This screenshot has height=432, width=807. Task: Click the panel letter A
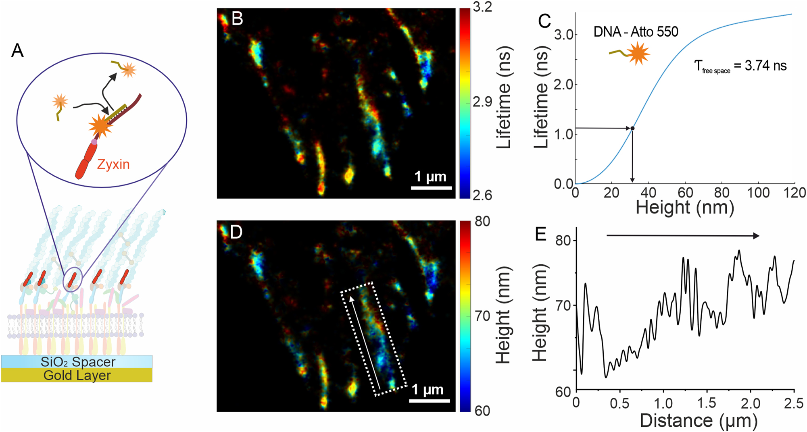[17, 51]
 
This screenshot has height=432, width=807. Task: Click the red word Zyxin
[113, 164]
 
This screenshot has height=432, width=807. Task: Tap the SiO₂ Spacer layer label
[78, 362]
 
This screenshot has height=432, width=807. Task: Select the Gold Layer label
[77, 376]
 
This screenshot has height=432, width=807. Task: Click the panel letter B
[237, 19]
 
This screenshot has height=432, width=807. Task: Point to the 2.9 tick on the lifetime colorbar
[482, 102]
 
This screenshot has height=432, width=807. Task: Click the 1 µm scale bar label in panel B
[430, 177]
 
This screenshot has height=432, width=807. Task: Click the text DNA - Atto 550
[636, 32]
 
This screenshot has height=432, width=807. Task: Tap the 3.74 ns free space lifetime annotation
[740, 66]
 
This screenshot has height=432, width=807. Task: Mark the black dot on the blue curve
[632, 129]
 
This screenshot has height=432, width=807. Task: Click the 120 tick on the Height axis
[794, 193]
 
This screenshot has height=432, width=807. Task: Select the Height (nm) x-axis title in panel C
[684, 208]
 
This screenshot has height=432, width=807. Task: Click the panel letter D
[236, 232]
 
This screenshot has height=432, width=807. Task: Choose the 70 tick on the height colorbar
[482, 316]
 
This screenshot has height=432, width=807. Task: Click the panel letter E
[540, 234]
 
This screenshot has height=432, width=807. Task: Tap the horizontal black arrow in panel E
[683, 236]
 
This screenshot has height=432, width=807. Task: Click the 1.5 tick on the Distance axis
[707, 403]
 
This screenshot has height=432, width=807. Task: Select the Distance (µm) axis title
[699, 421]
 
